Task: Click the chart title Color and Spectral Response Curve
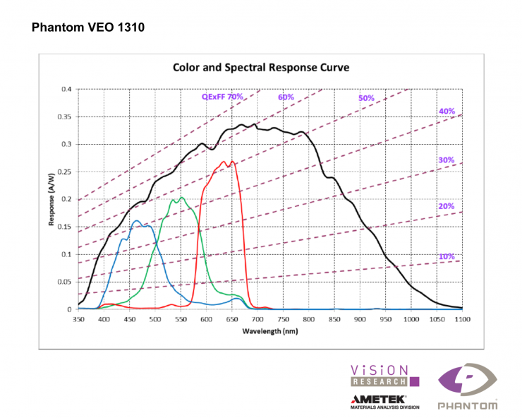262,68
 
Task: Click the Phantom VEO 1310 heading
88,29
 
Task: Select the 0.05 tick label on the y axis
65,282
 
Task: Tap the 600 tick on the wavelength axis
207,320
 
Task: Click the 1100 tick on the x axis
463,320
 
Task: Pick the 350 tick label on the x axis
78,320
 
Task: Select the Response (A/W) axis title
51,199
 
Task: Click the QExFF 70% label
222,96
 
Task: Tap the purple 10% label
447,256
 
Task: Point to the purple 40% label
447,111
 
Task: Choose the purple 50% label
366,98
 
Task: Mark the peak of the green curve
181,197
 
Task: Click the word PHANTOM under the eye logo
468,406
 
